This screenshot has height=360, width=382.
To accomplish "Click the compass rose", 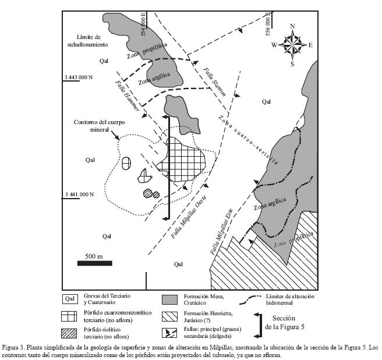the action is click(292, 45).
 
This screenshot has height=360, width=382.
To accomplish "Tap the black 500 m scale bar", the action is click(95, 263).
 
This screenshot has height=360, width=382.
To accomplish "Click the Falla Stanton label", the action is click(214, 82).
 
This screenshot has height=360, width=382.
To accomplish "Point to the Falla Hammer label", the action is click(127, 96).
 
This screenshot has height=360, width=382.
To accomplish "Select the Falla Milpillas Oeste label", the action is click(189, 217).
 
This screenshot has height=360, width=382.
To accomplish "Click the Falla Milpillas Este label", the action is click(222, 231).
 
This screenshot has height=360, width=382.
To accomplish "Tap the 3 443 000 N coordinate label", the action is click(79, 77).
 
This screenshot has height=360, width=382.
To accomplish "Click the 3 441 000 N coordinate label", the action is click(79, 194).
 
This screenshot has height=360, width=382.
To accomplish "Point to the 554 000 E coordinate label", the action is click(143, 24).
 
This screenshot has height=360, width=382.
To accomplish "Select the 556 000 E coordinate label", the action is click(268, 24).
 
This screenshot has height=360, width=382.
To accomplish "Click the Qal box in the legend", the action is click(70, 299).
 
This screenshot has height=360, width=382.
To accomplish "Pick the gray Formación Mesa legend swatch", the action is click(169, 300).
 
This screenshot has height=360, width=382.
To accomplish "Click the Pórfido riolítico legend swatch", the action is click(69, 333).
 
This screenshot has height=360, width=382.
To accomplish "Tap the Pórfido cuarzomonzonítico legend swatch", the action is click(69, 316).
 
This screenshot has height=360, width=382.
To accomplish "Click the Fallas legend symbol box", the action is click(169, 333).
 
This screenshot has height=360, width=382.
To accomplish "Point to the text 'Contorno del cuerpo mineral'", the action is click(100, 126).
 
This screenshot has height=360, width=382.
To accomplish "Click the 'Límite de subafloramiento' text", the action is click(88, 41).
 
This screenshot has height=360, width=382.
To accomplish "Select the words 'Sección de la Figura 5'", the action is click(285, 323).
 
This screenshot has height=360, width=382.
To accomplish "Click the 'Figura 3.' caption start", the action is click(13, 347).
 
